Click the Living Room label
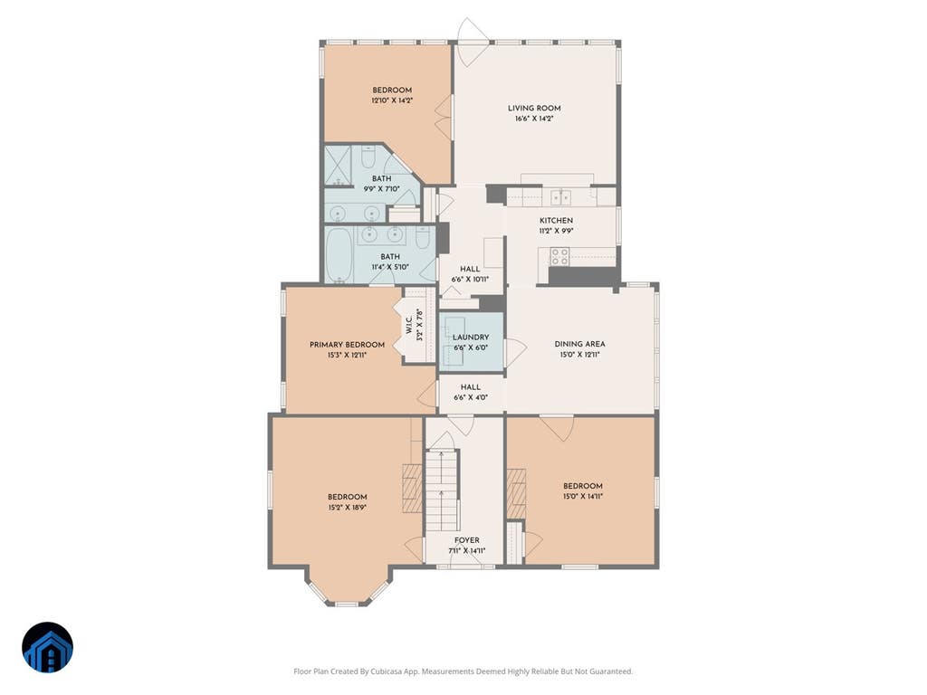click(534, 109)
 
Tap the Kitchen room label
click(556, 221)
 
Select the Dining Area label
click(579, 344)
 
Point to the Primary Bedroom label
click(347, 345)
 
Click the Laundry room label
click(471, 338)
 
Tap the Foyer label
click(466, 540)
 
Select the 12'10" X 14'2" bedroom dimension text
click(392, 101)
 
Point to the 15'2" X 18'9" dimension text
click(348, 508)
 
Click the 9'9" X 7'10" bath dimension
click(381, 189)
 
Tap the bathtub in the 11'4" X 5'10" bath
click(339, 255)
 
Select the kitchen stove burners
click(559, 256)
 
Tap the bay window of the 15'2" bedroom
click(348, 587)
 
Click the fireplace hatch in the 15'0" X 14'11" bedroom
click(516, 493)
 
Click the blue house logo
click(47, 648)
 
